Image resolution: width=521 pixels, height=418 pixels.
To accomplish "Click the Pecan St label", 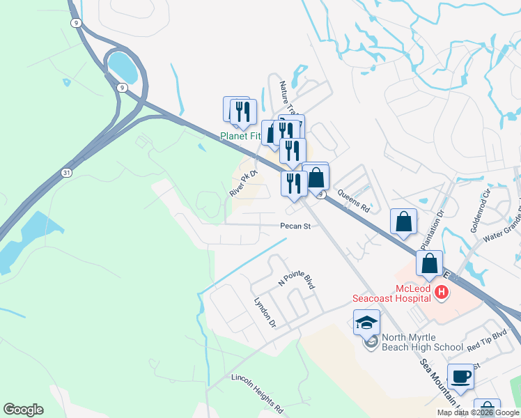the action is (x=295, y=226).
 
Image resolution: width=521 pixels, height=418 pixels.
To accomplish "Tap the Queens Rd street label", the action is (x=352, y=199).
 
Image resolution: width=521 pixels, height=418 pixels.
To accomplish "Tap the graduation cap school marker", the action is (x=366, y=323).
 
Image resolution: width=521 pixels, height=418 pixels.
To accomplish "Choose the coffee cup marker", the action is (x=460, y=379).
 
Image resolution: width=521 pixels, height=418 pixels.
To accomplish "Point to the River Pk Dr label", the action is (x=244, y=182).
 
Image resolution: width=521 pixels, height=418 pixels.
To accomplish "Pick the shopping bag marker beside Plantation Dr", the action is (x=404, y=223).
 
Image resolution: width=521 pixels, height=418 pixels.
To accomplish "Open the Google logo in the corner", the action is (x=23, y=410).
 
